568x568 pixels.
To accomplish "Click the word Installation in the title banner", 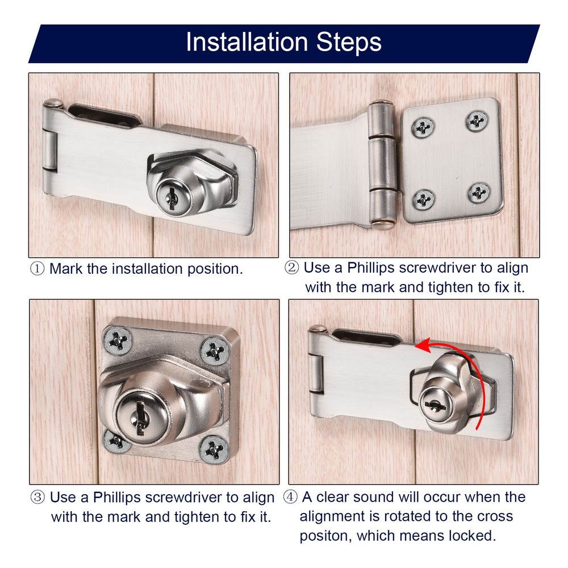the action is point(247,42).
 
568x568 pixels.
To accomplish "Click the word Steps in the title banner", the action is point(349,43).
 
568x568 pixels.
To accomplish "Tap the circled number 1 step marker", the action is point(37,269).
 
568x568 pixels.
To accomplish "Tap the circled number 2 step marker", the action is point(291,268).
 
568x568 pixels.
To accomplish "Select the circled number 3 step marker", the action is point(37,498).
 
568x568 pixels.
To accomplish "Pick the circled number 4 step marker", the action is point(290,497).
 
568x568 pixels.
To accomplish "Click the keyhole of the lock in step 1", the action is point(172,198).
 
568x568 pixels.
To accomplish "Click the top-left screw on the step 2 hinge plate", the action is point(423,127).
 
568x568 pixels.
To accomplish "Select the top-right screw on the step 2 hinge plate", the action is point(477,120).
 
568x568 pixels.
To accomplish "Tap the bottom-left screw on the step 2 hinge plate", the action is point(424,199).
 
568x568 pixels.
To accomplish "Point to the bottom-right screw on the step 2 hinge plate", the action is point(479,193).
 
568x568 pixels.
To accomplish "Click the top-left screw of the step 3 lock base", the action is point(118,340).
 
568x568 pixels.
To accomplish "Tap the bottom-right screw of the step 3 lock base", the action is point(214,449).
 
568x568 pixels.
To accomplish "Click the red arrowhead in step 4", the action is point(423,345).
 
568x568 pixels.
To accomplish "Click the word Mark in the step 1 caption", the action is point(66,269).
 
